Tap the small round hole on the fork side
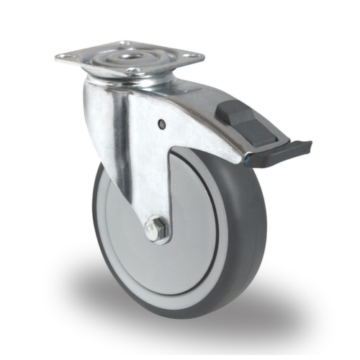pos(161,125)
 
